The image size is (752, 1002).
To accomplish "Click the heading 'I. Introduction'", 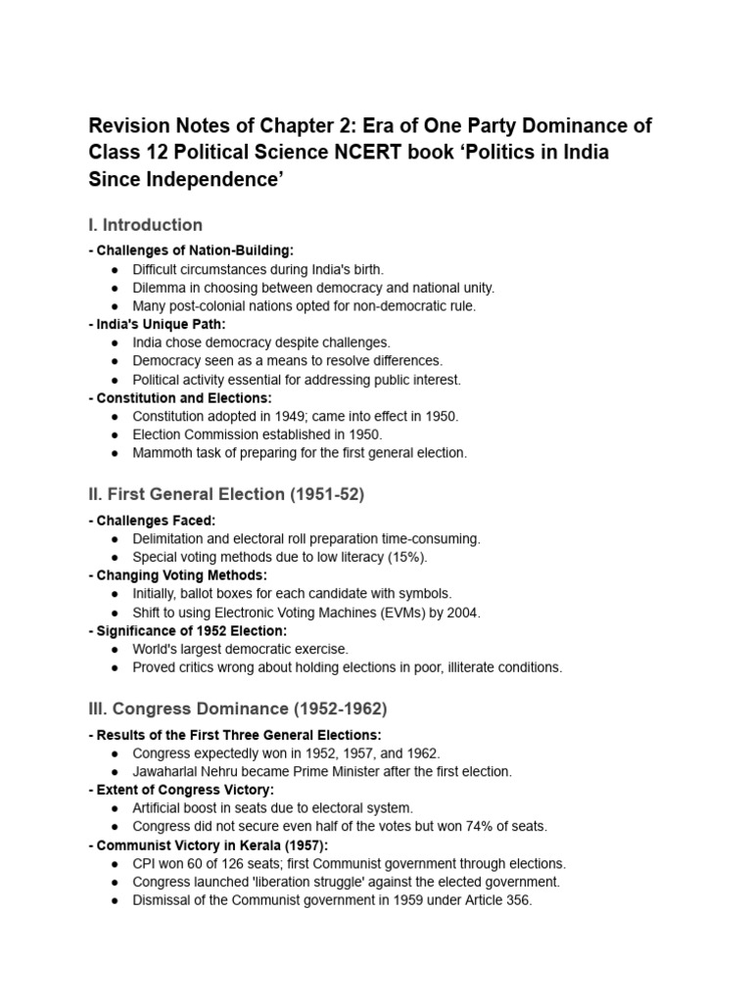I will [x=146, y=225].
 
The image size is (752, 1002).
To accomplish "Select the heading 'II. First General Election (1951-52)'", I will [x=226, y=495].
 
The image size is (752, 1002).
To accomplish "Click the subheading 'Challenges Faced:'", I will [x=152, y=520].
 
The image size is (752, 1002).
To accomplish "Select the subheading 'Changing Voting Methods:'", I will [x=177, y=575].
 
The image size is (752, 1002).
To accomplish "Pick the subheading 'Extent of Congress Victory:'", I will [x=181, y=790].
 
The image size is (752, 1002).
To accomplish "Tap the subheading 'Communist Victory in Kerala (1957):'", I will [x=209, y=845].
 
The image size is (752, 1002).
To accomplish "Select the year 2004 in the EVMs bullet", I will [x=463, y=613].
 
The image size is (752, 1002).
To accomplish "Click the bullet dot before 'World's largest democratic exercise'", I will [x=116, y=649].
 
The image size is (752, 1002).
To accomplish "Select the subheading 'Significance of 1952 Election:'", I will [x=188, y=630].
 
